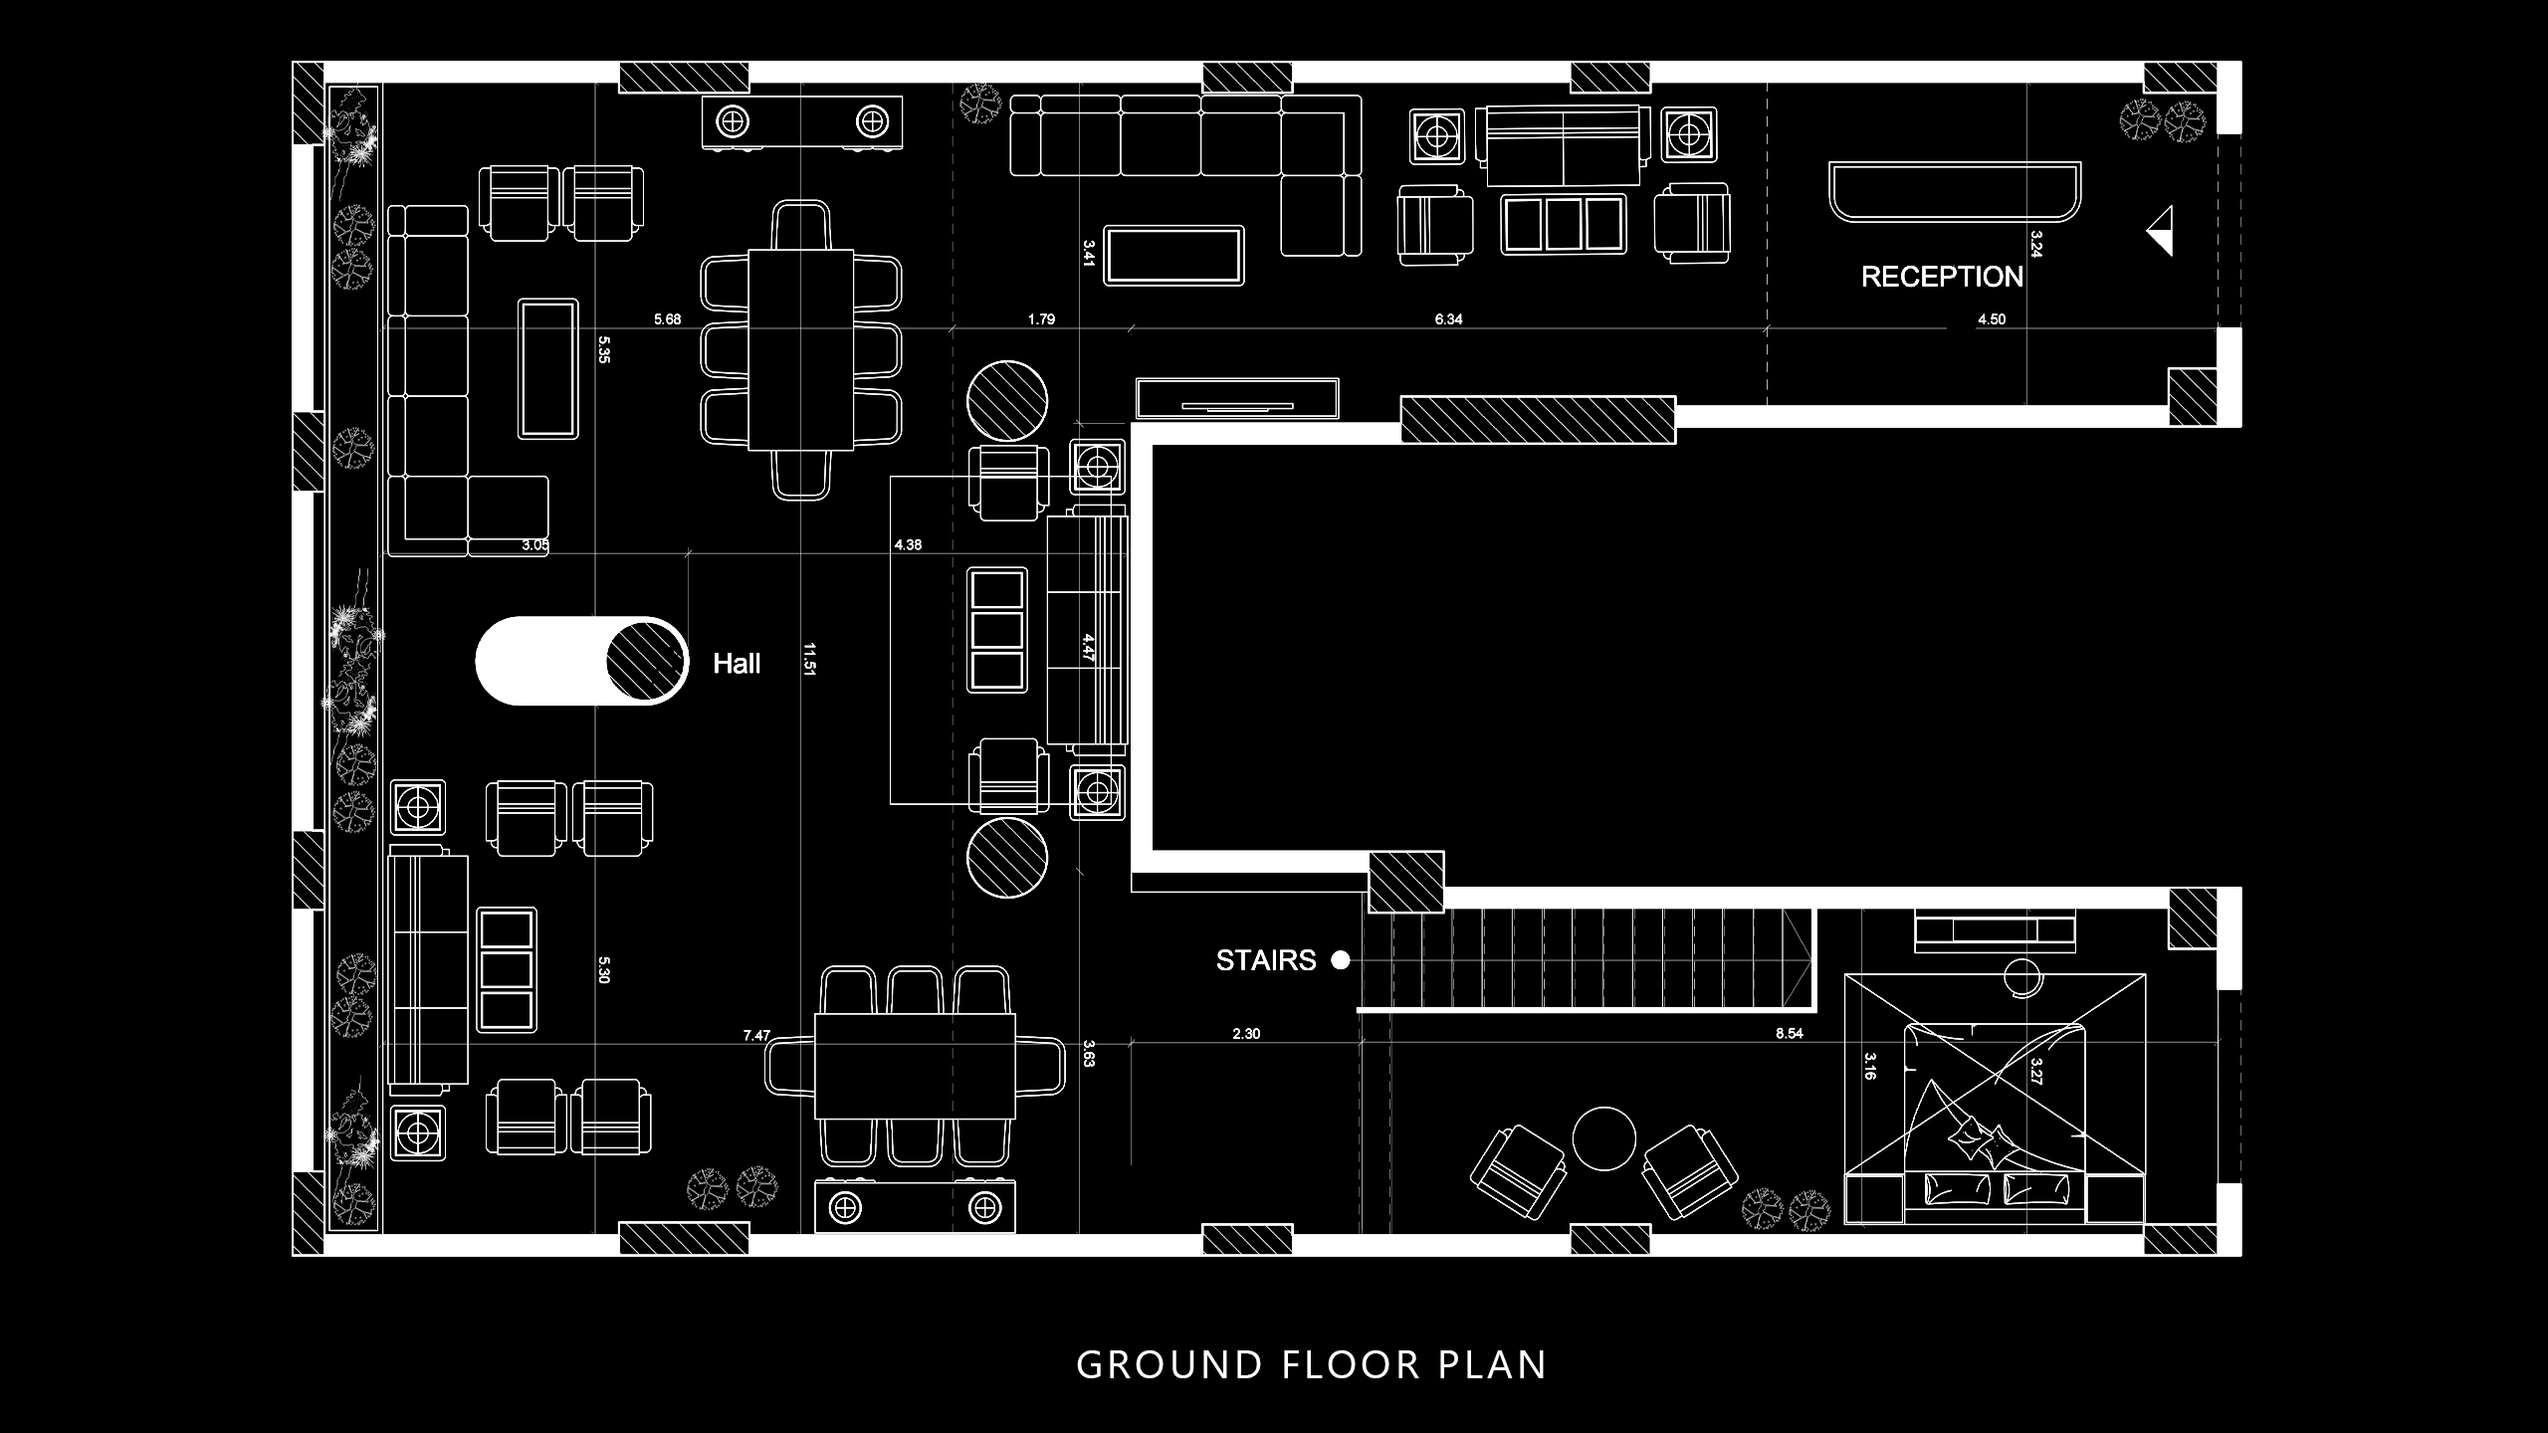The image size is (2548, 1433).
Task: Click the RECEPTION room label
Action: point(1942,277)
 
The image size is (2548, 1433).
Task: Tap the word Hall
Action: point(737,664)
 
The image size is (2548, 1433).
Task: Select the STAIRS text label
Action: point(1266,960)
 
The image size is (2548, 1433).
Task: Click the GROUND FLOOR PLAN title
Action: point(1312,1364)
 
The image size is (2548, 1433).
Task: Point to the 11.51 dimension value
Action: point(809,660)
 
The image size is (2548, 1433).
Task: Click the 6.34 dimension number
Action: point(1448,319)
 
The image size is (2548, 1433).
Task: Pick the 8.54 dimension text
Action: point(1789,1034)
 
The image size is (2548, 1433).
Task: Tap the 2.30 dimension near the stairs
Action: point(1246,1034)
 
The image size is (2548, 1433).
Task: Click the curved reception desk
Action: point(1955,190)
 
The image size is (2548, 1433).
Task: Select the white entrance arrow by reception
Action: point(2161,231)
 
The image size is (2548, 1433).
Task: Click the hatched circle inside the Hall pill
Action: point(647,661)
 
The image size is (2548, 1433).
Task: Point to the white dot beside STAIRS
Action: point(1341,960)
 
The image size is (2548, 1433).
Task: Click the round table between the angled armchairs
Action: point(1603,1139)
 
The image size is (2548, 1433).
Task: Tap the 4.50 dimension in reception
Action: point(1992,319)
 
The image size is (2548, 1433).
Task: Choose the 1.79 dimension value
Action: point(1041,319)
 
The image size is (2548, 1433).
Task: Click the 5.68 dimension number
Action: point(667,319)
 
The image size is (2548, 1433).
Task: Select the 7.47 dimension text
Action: point(756,1036)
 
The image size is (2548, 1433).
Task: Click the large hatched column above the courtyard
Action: point(1538,420)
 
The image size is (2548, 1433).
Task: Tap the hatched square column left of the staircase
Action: point(1406,883)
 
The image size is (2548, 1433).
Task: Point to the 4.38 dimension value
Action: point(908,544)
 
